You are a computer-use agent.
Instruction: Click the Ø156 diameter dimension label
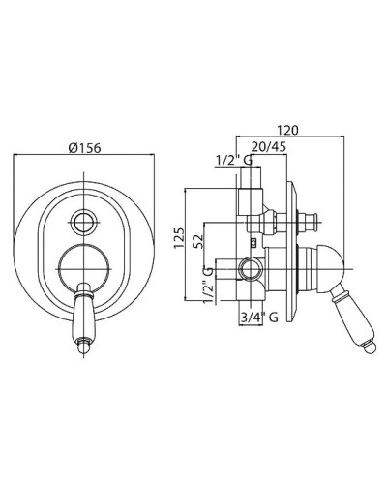[x=85, y=148]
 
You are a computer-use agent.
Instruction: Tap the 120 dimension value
[x=288, y=130]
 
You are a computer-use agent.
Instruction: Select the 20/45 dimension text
[x=268, y=147]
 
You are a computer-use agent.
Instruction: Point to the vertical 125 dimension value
[x=179, y=238]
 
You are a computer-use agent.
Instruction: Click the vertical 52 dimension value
[x=198, y=241]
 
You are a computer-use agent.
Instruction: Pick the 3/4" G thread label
[x=259, y=318]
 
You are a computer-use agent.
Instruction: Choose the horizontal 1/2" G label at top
[x=234, y=161]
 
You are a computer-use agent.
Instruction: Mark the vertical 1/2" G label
[x=208, y=285]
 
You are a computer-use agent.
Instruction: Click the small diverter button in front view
[x=84, y=223]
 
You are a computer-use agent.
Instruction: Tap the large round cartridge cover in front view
[x=84, y=268]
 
